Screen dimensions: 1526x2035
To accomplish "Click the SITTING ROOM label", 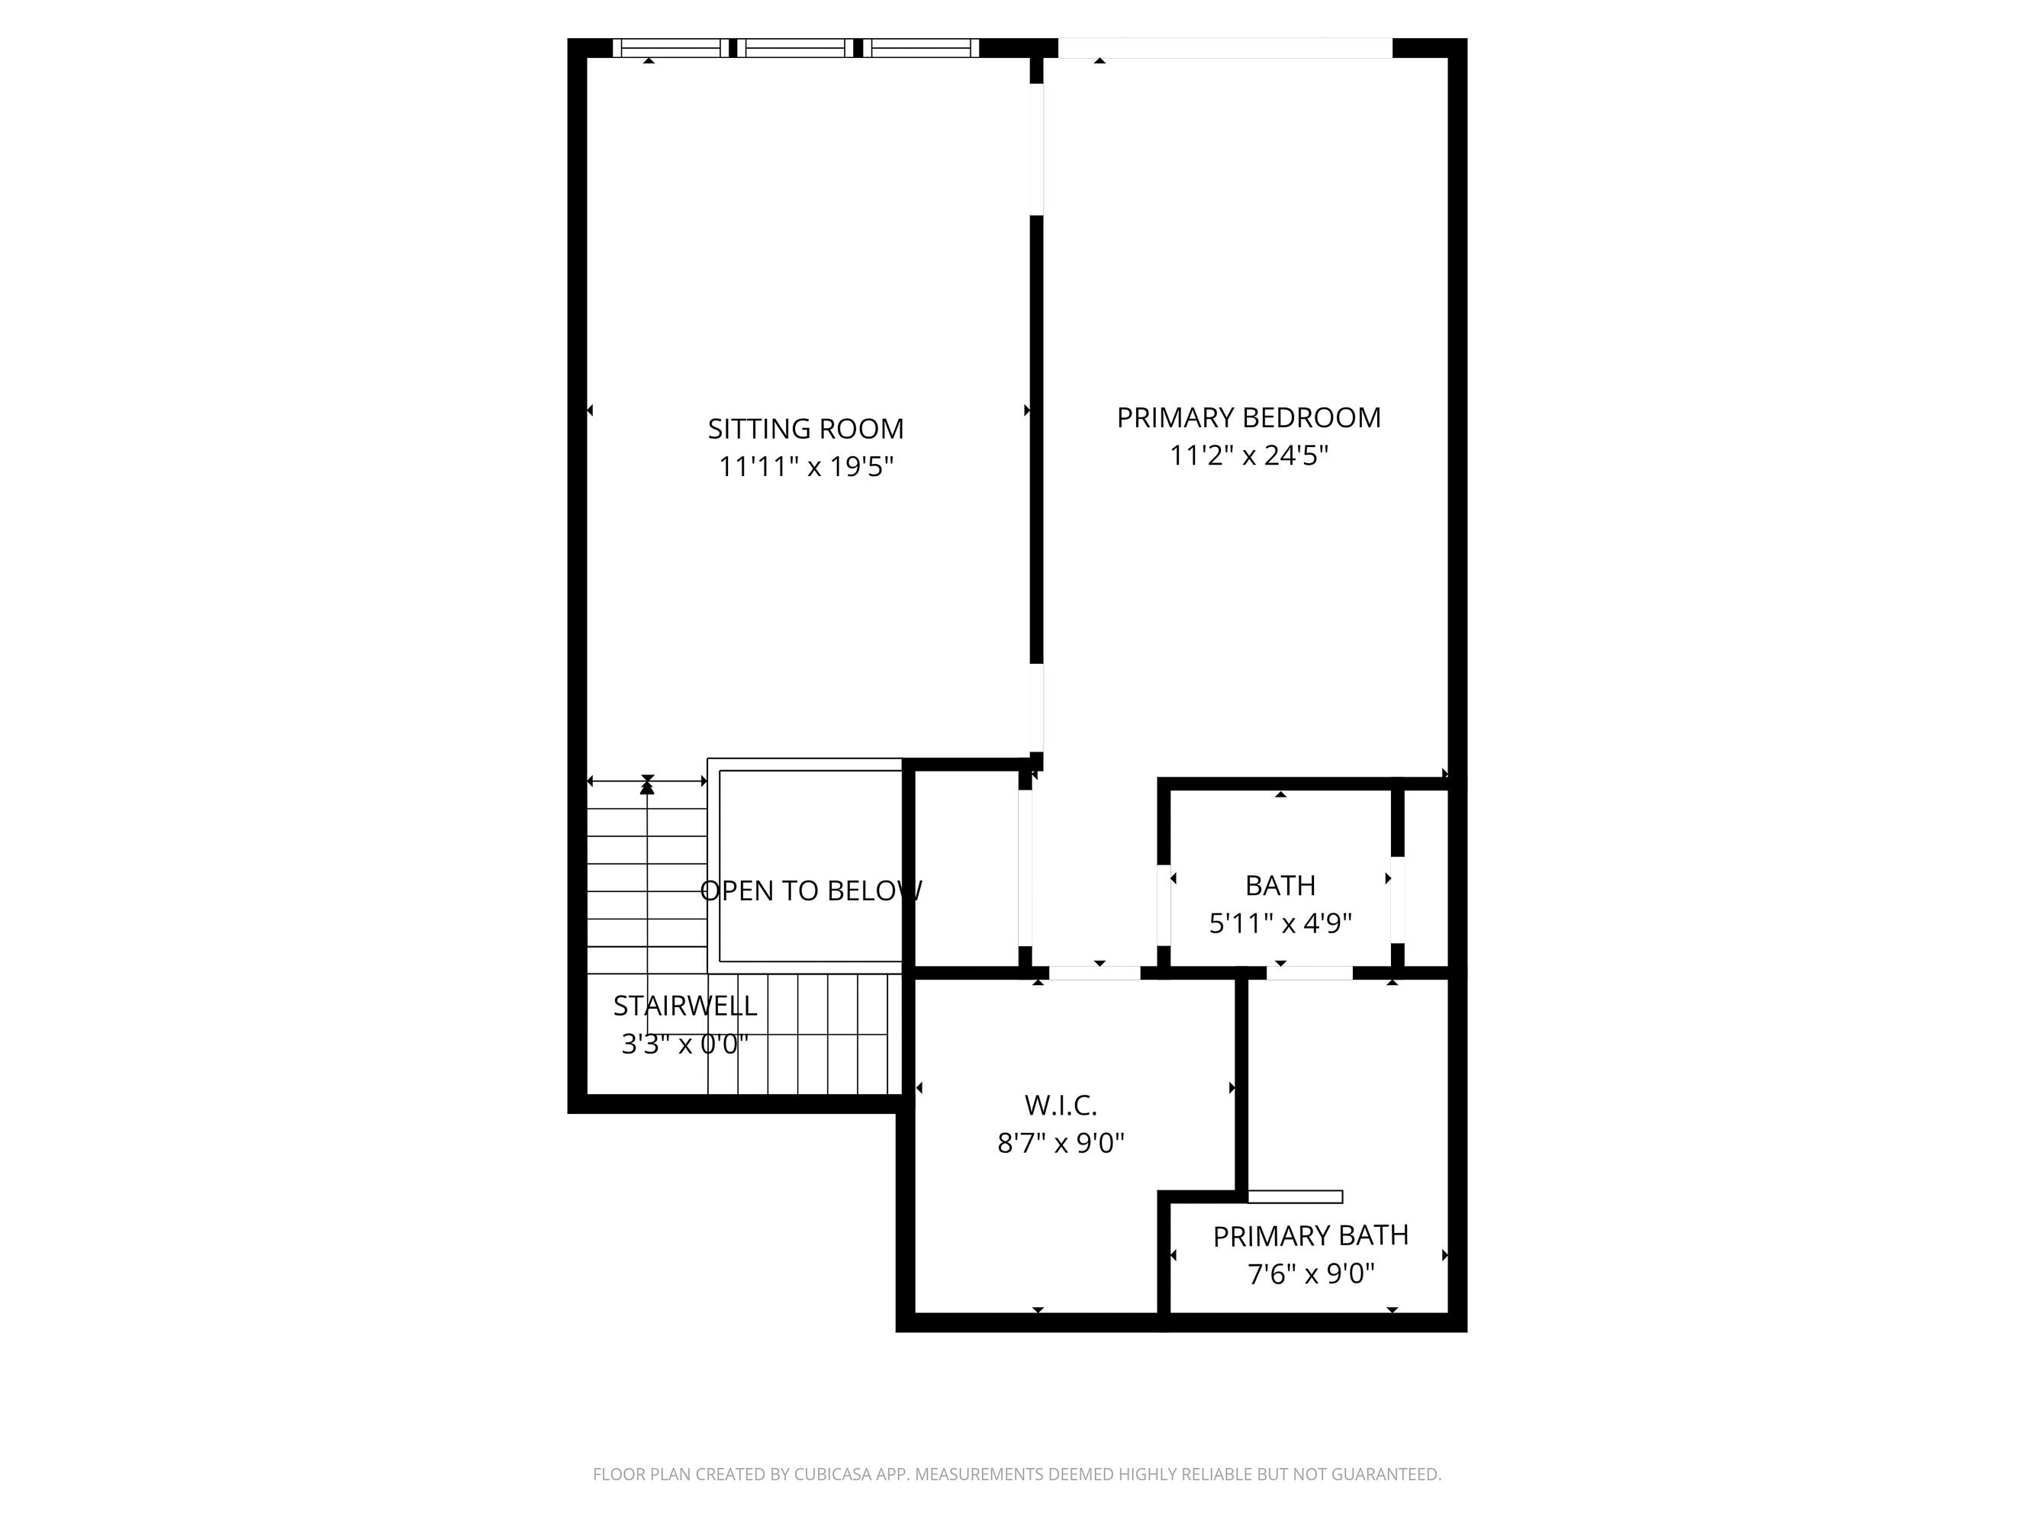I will [x=805, y=429].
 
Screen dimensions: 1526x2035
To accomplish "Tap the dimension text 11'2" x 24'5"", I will [x=1248, y=456].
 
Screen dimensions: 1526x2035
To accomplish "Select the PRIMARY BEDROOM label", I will [x=1248, y=417].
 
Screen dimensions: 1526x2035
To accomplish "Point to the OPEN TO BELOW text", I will [x=810, y=890].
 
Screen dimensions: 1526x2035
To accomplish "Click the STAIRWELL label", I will [x=684, y=1006].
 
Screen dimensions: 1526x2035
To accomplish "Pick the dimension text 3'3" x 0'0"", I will [x=684, y=1044].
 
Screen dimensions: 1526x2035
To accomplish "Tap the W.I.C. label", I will [x=1061, y=1105].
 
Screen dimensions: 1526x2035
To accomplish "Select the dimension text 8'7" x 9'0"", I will [x=1061, y=1143].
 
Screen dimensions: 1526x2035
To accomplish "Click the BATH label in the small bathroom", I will [x=1280, y=885].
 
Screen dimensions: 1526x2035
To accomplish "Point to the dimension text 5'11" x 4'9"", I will [x=1280, y=922].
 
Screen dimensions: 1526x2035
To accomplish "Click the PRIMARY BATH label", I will [x=1310, y=1235].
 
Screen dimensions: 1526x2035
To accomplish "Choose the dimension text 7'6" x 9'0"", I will [x=1310, y=1274].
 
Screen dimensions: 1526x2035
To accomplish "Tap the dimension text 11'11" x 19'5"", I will [x=805, y=467].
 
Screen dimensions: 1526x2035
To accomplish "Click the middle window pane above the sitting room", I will [x=795, y=48].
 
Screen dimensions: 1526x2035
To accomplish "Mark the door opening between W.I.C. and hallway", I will [x=1094, y=972].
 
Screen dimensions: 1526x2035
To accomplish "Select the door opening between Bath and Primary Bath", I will [x=1309, y=972].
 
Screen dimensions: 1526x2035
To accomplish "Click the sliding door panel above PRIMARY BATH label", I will [x=1294, y=1196].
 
